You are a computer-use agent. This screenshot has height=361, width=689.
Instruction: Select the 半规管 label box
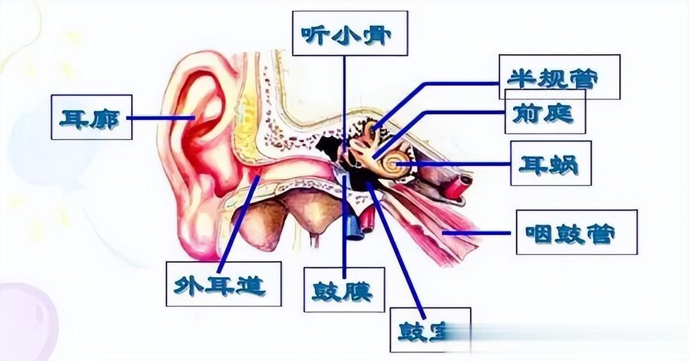pos(559,77)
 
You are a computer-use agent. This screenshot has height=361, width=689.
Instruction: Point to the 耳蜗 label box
pos(550,163)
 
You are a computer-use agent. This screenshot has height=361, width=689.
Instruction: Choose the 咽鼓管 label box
pos(576,232)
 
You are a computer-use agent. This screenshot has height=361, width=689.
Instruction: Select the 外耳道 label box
pos(224,284)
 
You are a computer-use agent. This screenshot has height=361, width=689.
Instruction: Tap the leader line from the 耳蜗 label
pos(457,163)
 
